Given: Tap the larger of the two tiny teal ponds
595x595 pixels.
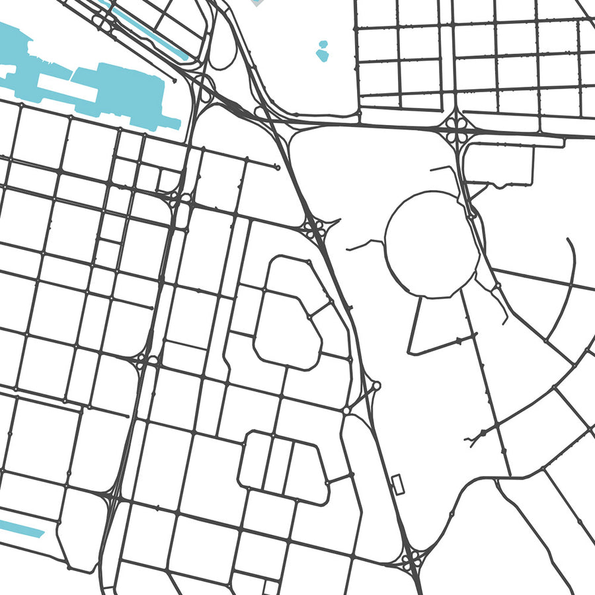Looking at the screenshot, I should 322,55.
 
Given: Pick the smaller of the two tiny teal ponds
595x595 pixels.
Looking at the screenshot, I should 323,44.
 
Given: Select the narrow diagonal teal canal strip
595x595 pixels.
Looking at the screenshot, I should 149,30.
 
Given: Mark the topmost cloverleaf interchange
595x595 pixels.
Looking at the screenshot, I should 457,128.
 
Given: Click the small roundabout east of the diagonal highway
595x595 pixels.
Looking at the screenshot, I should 376,385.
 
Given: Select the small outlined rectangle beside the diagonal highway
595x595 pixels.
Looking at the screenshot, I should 398,483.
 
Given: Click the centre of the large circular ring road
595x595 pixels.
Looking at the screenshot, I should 431,245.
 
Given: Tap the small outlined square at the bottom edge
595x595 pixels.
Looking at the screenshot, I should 270,587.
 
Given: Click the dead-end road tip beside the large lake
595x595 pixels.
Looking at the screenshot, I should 175,81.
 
